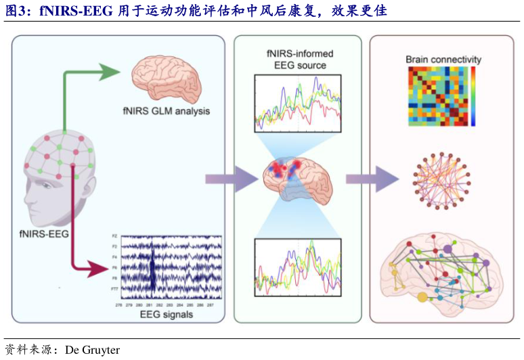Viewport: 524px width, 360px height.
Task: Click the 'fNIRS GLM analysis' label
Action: (x=166, y=110)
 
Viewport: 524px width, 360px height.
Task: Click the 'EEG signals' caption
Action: (x=166, y=315)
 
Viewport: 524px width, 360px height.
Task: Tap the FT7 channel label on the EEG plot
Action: (x=114, y=289)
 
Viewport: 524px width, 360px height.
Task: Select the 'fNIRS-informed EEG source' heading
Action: (x=299, y=60)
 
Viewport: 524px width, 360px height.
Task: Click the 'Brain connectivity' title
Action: (x=443, y=60)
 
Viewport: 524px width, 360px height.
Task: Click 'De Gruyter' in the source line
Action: (x=92, y=350)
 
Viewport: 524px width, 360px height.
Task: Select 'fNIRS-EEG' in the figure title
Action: (x=62, y=11)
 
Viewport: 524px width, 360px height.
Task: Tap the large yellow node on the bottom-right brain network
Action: (x=423, y=296)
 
